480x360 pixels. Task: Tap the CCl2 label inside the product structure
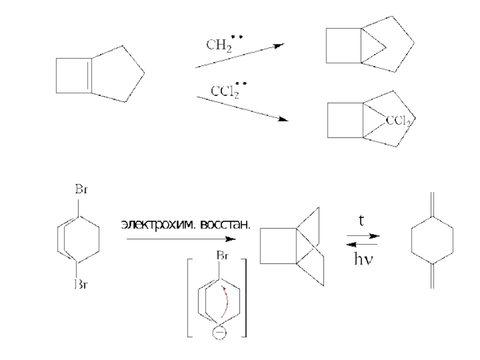(x=398, y=121)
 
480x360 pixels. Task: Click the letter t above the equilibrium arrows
(x=362, y=221)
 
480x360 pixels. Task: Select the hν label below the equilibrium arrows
(x=362, y=259)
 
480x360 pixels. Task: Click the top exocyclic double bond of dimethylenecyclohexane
(x=432, y=203)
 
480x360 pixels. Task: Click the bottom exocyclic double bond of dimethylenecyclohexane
(x=432, y=277)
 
